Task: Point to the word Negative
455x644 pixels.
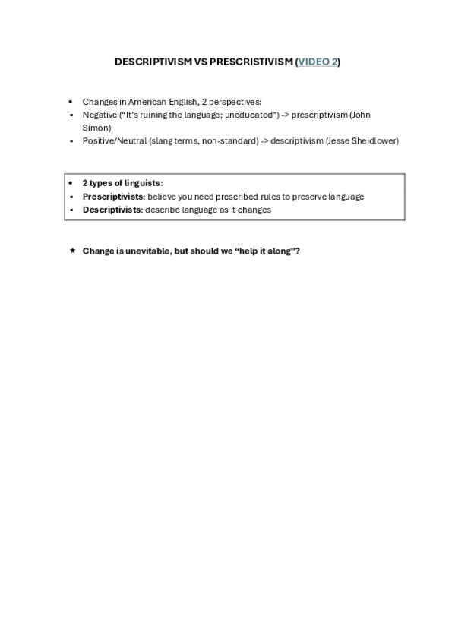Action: (x=100, y=115)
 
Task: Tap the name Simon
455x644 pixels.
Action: (x=96, y=128)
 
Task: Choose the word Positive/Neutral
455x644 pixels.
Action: (x=115, y=140)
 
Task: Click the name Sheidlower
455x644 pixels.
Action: (x=373, y=140)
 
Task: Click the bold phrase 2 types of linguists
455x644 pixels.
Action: (x=122, y=183)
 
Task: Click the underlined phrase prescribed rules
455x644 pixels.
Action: (x=248, y=197)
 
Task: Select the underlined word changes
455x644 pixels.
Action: (x=254, y=210)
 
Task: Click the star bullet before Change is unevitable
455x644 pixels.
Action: (x=71, y=250)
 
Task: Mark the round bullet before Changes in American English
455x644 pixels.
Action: (x=71, y=102)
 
